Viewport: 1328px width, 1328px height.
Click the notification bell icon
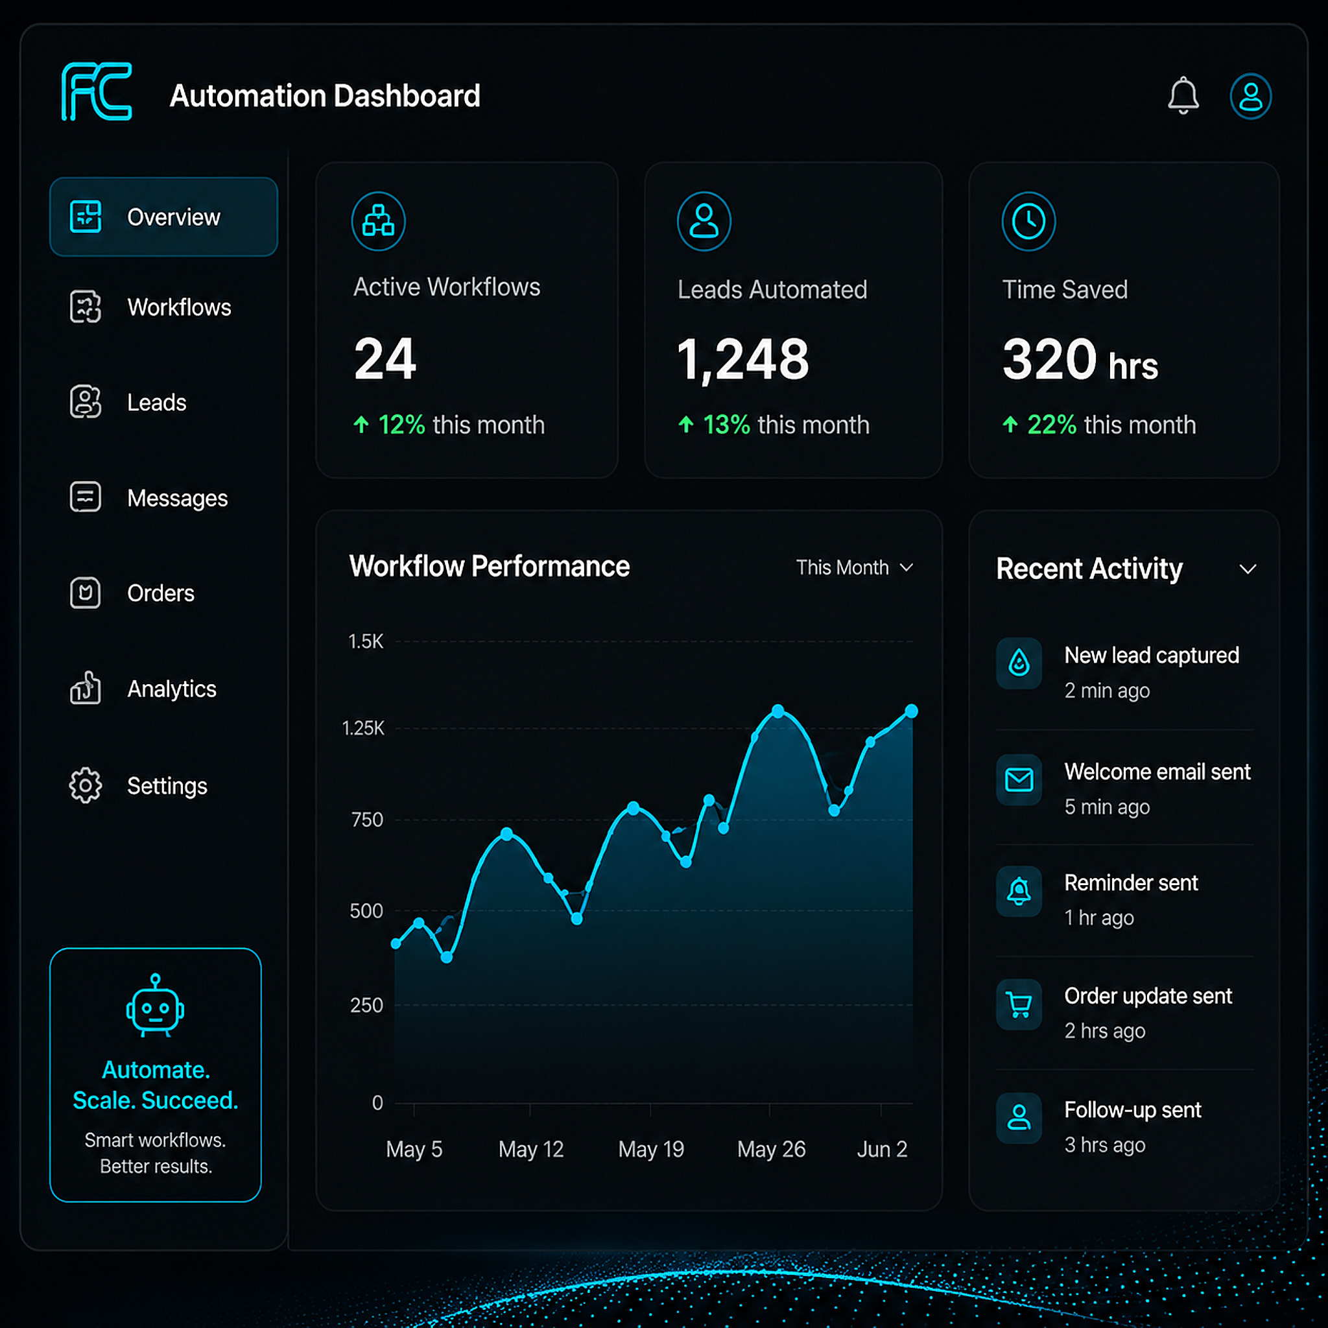pos(1183,95)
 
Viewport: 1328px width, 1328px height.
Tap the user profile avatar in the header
pos(1250,96)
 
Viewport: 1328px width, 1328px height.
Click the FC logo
pos(97,91)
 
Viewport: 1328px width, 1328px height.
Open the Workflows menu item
pos(179,307)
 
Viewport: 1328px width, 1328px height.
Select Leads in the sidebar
pos(156,402)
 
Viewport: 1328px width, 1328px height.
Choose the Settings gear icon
pos(85,785)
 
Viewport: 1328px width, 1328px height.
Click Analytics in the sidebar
pos(171,689)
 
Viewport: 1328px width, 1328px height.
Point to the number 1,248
pos(743,359)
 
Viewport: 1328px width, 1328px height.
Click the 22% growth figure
pos(1052,425)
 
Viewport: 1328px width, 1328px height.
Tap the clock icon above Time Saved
pos(1028,221)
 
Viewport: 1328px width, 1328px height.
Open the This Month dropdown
pos(855,567)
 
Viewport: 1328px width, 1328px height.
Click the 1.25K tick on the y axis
pos(363,728)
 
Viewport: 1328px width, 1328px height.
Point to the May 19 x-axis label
pos(651,1149)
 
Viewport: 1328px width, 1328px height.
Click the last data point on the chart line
pos(912,711)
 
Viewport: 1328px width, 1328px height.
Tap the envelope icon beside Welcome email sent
pos(1019,779)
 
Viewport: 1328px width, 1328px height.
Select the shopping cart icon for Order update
pos(1019,1004)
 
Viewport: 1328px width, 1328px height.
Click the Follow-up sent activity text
pos(1133,1109)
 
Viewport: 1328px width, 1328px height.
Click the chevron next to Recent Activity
pos(1248,569)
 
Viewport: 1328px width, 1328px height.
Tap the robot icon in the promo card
pos(156,1005)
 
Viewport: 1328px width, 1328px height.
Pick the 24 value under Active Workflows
pos(385,359)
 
